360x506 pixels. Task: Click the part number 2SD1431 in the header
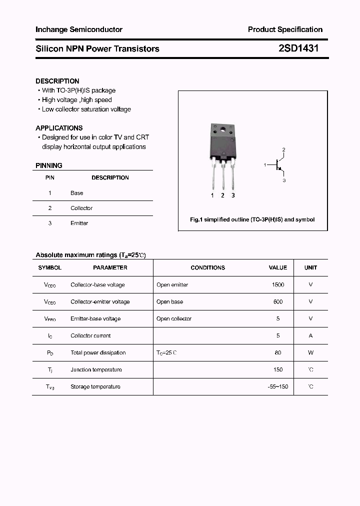tap(298, 48)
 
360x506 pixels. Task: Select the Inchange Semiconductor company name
tap(79, 29)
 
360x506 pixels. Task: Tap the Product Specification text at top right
tap(285, 29)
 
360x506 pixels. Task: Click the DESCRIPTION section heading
tap(57, 81)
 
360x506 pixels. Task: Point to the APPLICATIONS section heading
tap(59, 128)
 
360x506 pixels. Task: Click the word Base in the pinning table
tap(77, 193)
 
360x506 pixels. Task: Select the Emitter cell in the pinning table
tap(79, 223)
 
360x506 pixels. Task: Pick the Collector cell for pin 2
tap(81, 208)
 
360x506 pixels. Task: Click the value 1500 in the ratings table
tap(278, 284)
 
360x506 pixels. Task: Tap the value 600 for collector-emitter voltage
tap(278, 301)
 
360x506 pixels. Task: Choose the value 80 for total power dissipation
tap(278, 352)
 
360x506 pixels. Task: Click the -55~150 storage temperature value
tap(278, 386)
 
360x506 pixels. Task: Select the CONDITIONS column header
tap(208, 267)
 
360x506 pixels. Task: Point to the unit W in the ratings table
tap(310, 352)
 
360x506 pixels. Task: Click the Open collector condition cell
tap(174, 318)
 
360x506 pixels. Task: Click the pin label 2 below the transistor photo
tap(223, 195)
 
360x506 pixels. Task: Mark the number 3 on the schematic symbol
tap(284, 180)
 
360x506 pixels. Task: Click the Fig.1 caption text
tap(252, 219)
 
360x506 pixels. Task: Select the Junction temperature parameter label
tap(96, 369)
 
